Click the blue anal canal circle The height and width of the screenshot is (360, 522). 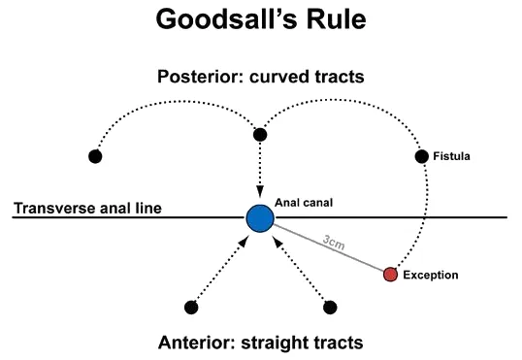[x=259, y=217]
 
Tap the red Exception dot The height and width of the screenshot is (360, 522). [x=390, y=275]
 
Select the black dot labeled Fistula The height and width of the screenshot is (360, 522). [x=421, y=156]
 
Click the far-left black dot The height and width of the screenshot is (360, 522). [x=95, y=156]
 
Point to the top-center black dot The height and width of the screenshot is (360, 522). [x=259, y=135]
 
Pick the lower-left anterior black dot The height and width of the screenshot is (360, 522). [x=190, y=307]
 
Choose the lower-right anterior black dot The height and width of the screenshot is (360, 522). [x=330, y=307]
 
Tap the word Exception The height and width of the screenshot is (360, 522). [x=432, y=276]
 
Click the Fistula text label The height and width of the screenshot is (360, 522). [x=453, y=156]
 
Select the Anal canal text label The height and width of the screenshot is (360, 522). [x=303, y=202]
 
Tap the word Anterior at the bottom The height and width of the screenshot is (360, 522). [x=194, y=342]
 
